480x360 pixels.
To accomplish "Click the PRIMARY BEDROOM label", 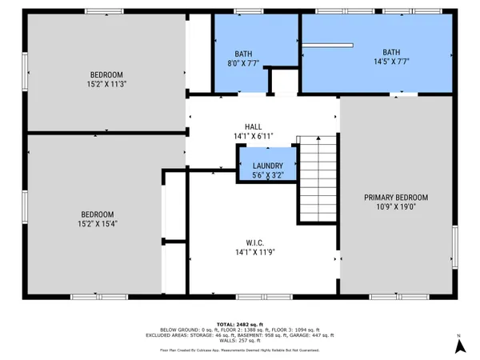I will (x=396, y=198).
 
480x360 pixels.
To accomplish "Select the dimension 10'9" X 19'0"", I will (x=396, y=208).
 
